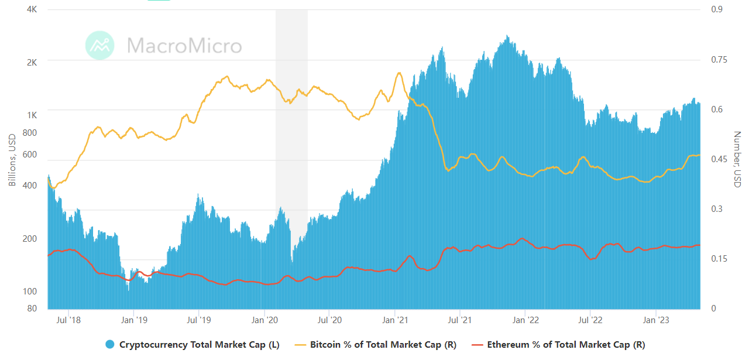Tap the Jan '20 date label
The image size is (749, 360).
264,320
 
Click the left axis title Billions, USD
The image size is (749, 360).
12,160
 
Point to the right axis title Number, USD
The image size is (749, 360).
737,159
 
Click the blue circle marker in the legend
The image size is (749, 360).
110,345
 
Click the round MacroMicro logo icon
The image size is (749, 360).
99,45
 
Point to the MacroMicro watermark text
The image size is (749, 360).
184,46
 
